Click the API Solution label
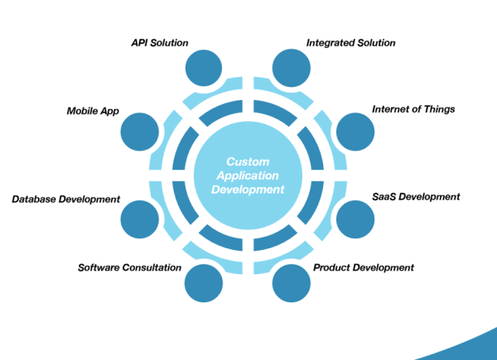160,42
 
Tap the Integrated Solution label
351,42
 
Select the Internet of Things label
413,108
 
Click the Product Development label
364,267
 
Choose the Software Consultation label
129,267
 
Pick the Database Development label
65,199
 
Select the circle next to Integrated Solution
291,68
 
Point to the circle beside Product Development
291,282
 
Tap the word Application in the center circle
248,175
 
